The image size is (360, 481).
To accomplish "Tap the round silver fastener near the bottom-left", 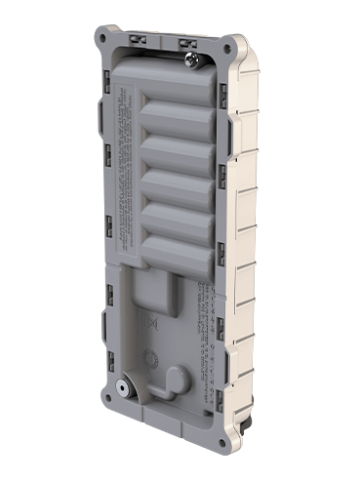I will click(122, 387).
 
